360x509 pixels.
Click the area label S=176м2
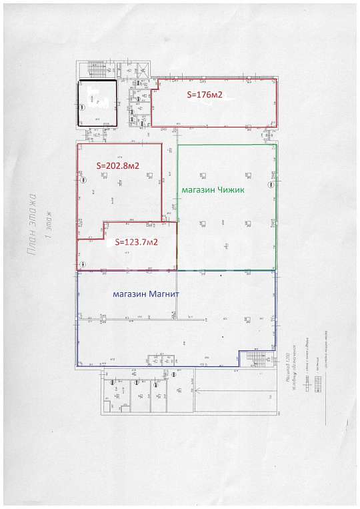(x=204, y=96)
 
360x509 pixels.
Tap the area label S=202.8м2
(x=118, y=166)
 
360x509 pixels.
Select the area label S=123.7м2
(x=136, y=242)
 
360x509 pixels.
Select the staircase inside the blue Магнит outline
(x=257, y=360)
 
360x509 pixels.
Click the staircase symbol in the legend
(x=318, y=383)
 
